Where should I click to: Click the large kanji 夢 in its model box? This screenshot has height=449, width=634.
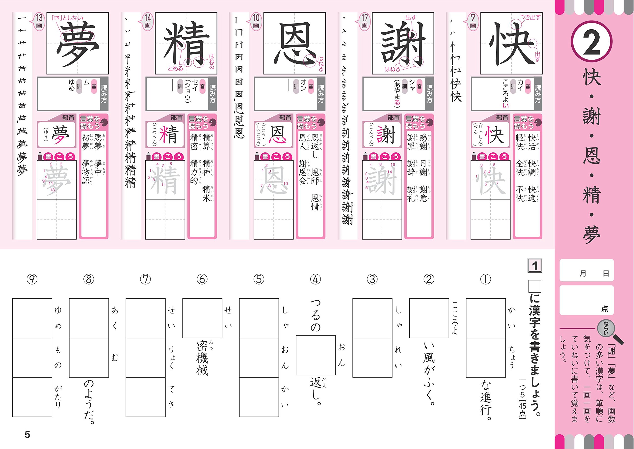pyautogui.click(x=78, y=43)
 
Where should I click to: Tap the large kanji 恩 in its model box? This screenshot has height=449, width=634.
pyautogui.click(x=294, y=43)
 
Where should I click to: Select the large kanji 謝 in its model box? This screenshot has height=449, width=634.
pyautogui.click(x=403, y=43)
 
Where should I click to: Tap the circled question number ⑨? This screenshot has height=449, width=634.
pyautogui.click(x=32, y=279)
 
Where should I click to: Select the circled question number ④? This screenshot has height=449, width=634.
pyautogui.click(x=316, y=279)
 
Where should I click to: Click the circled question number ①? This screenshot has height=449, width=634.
pyautogui.click(x=485, y=279)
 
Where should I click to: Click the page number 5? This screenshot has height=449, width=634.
pyautogui.click(x=27, y=434)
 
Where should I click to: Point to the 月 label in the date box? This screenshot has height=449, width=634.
pyautogui.click(x=583, y=273)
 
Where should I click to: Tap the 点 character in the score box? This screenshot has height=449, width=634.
pyautogui.click(x=605, y=309)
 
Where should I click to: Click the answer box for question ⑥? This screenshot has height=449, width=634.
pyautogui.click(x=202, y=318)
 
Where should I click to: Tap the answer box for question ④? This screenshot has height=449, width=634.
pyautogui.click(x=316, y=355)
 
